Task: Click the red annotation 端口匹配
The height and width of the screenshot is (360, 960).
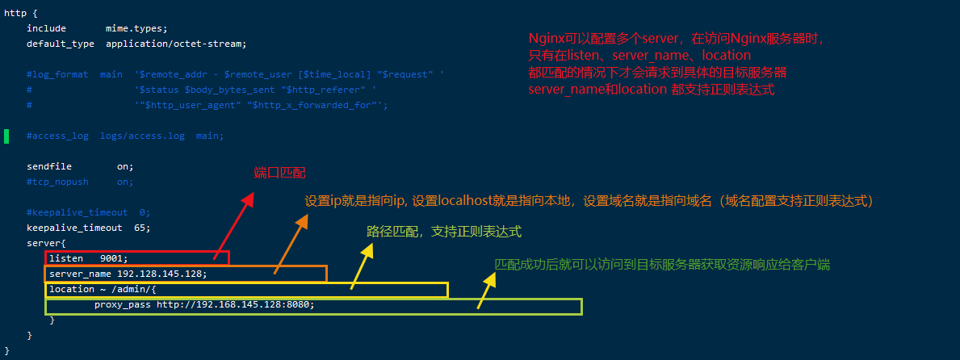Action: [280, 174]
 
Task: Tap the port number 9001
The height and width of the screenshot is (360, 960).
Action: [114, 258]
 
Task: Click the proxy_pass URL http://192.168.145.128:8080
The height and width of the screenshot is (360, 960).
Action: [235, 305]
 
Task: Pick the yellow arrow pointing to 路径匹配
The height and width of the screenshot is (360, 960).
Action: [361, 263]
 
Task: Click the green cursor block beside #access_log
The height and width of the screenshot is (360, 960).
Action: [6, 136]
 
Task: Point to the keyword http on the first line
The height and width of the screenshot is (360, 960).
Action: [15, 13]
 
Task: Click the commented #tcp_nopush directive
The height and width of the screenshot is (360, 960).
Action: [57, 182]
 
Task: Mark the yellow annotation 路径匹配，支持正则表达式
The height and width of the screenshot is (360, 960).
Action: [444, 232]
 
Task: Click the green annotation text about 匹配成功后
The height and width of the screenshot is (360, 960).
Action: [662, 264]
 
